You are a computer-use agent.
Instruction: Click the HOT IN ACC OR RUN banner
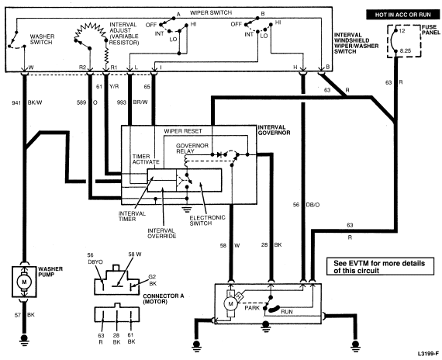[x=402, y=15]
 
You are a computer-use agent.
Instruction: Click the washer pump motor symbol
[x=24, y=282]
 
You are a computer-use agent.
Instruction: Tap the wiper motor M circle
[x=231, y=304]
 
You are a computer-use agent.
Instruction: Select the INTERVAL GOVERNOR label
[x=274, y=130]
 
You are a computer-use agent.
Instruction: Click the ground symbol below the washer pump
[x=24, y=339]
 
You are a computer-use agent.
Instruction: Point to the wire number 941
[x=16, y=103]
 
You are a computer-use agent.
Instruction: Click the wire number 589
[x=81, y=102]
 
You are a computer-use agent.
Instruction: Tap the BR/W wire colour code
[x=140, y=102]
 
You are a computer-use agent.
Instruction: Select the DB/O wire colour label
[x=313, y=205]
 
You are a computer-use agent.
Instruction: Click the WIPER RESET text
[x=183, y=131]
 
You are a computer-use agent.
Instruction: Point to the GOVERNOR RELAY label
[x=192, y=148]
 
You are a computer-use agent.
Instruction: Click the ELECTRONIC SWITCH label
[x=207, y=220]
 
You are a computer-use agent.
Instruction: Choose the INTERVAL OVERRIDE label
[x=162, y=234]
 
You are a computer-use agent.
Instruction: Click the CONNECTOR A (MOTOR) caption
[x=163, y=299]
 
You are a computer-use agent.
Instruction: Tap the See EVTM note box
[x=380, y=266]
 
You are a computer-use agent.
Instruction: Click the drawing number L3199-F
[x=429, y=354]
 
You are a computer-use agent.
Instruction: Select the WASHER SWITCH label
[x=42, y=40]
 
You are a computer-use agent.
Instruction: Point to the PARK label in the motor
[x=252, y=308]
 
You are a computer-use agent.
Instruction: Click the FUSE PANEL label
[x=430, y=30]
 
